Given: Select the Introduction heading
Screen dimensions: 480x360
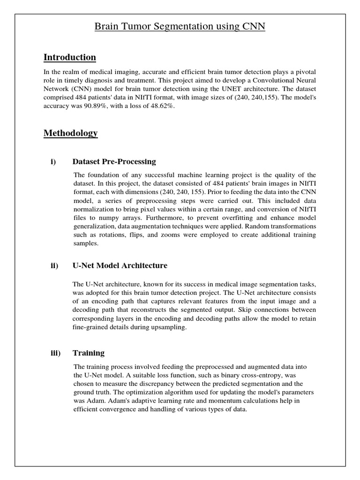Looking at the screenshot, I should point(70,57).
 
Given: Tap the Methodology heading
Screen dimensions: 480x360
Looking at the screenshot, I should point(71,133).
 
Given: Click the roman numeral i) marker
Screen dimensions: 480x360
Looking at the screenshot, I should point(53,162).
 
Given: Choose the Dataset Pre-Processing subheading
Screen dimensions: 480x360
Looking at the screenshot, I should point(114,162).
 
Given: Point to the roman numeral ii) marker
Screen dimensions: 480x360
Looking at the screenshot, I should point(54,266).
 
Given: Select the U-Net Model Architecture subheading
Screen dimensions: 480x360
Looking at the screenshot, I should point(120,266).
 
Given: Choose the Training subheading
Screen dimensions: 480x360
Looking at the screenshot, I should point(89,353).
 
